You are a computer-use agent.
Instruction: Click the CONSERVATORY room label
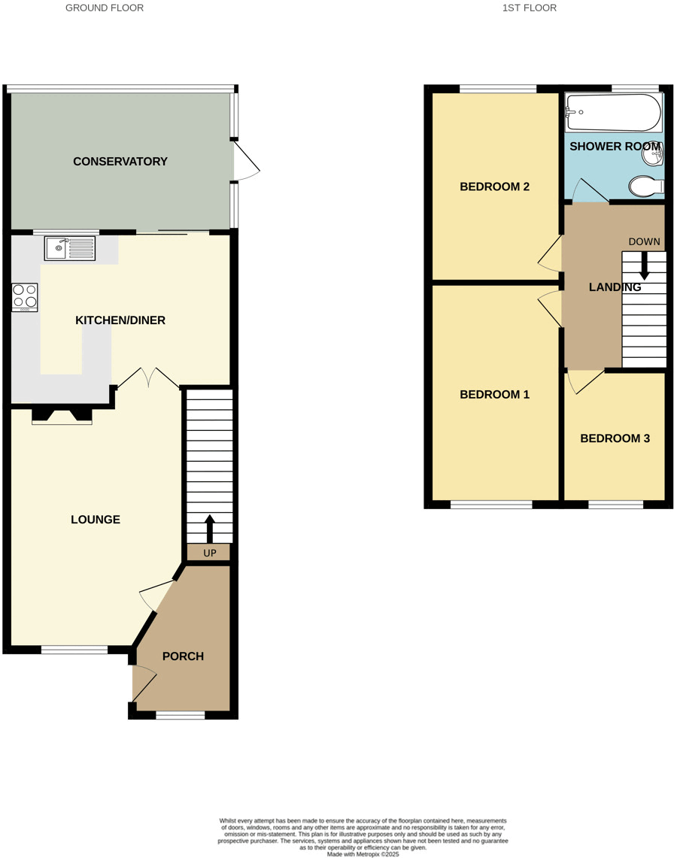tap(120, 162)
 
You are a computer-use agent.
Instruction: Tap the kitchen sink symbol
tap(70, 248)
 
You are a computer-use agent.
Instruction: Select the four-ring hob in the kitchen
tap(25, 297)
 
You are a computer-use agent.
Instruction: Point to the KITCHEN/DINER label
tap(120, 320)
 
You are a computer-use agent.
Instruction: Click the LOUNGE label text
tap(96, 520)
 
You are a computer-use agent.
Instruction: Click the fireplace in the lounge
tap(62, 415)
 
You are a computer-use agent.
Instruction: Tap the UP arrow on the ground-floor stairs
tap(209, 528)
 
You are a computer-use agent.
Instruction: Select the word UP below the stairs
tap(209, 553)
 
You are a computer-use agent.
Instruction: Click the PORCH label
tap(183, 656)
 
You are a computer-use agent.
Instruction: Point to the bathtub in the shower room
tap(612, 113)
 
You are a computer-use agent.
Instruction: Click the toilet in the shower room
tap(645, 186)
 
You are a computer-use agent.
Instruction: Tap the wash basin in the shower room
tap(653, 156)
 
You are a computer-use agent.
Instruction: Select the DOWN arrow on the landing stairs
tap(644, 265)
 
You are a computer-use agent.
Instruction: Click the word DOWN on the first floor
tap(644, 242)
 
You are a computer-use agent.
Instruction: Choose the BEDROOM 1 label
tap(495, 395)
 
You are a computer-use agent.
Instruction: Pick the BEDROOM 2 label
tap(495, 186)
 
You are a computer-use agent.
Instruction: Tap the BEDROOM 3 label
tap(615, 438)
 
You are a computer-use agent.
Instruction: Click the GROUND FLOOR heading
tap(105, 8)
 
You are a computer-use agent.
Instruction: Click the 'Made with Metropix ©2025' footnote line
tap(363, 853)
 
